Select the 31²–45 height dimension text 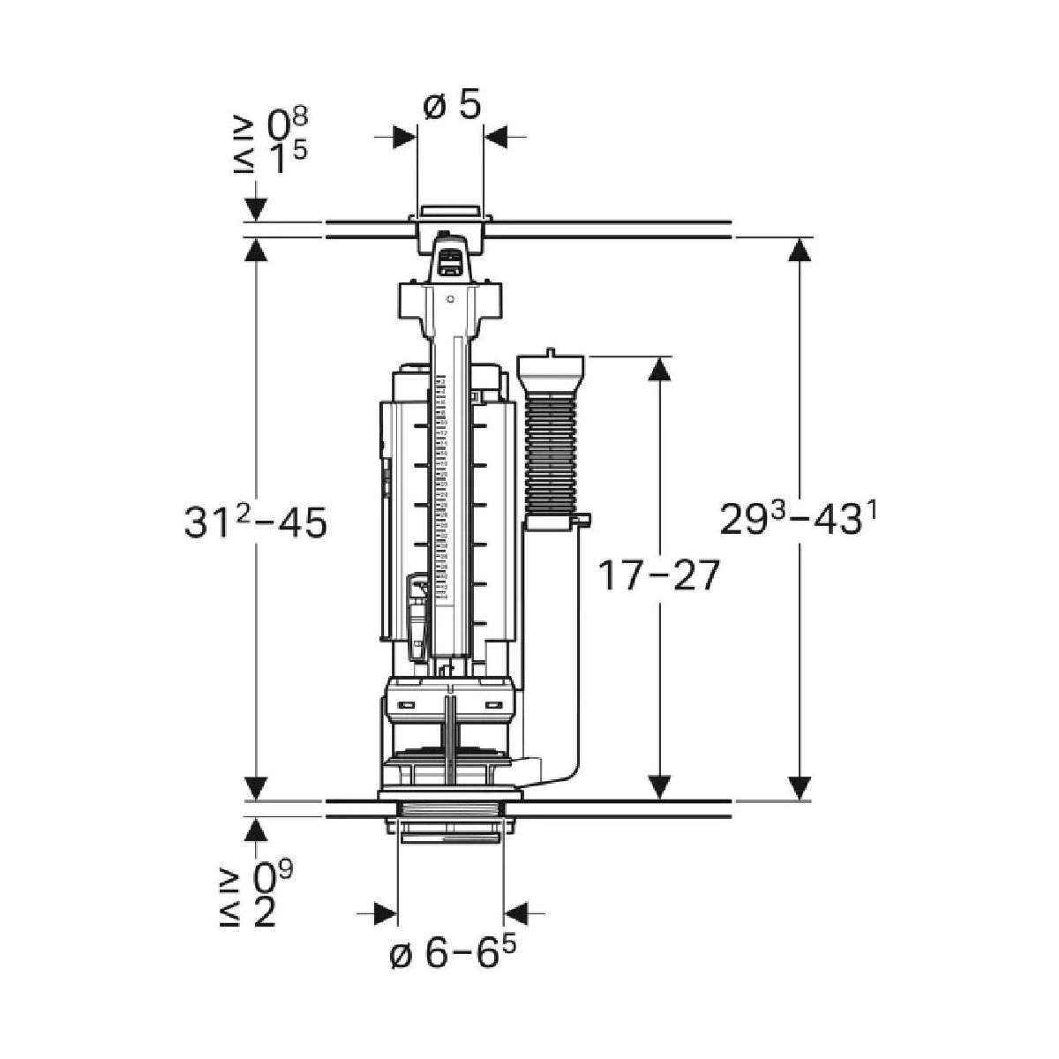256,522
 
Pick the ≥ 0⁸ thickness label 270,124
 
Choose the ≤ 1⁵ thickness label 270,158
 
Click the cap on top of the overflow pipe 552,367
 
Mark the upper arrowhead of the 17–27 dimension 659,368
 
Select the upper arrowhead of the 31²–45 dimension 256,251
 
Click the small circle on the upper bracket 450,298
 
